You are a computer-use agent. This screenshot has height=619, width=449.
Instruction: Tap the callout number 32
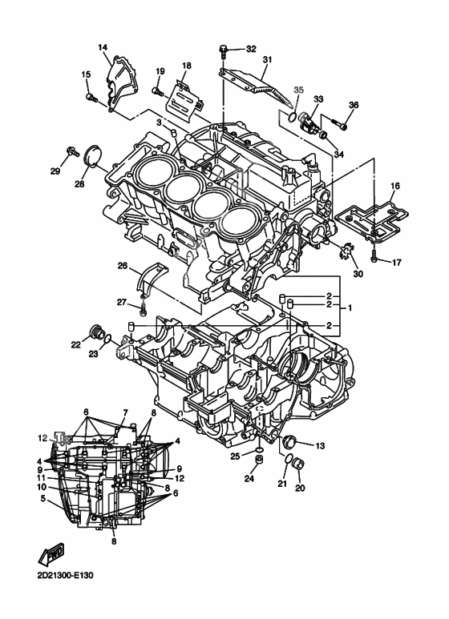[x=251, y=49]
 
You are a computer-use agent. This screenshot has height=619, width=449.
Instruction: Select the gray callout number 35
[x=298, y=90]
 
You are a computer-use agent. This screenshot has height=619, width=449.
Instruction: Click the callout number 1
[x=348, y=307]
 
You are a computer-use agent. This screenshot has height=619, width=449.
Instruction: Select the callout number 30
[x=357, y=275]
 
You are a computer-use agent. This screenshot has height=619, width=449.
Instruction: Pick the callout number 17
[x=395, y=261]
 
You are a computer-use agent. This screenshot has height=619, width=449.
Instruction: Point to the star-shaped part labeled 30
[x=349, y=254]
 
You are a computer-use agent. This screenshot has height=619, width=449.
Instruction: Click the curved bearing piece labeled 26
[x=152, y=278]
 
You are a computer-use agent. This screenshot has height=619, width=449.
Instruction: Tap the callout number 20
[x=301, y=488]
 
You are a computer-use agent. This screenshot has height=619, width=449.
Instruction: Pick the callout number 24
[x=249, y=480]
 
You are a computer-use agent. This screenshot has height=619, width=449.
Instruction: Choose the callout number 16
[x=394, y=186]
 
